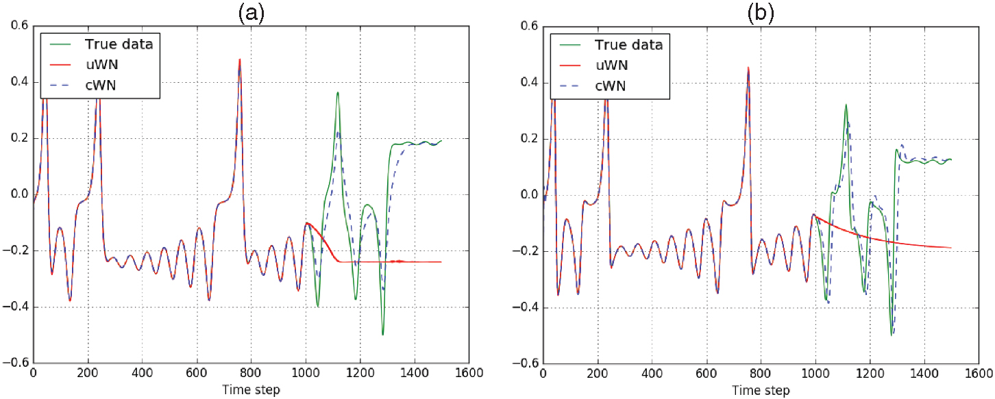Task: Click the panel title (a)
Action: pos(251,12)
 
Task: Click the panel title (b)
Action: pos(761,12)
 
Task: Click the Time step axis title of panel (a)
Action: pos(251,390)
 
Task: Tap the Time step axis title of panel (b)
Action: pos(761,390)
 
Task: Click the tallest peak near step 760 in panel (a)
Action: pos(240,60)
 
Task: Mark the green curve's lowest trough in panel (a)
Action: pos(382,335)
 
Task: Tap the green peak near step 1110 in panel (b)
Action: pos(846,105)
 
